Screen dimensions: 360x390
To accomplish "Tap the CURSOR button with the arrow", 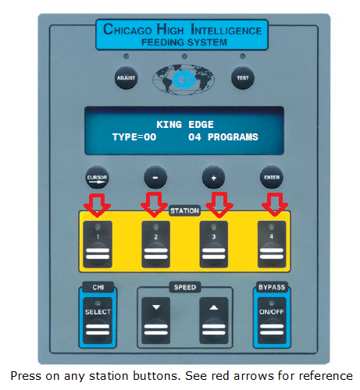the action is [97, 178].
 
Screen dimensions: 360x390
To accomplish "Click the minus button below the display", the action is [155, 178].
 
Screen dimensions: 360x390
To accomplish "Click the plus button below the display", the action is [213, 178].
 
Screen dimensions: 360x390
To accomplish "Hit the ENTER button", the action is [272, 178].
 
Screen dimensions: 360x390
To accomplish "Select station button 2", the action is [155, 244].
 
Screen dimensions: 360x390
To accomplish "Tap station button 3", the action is [214, 244].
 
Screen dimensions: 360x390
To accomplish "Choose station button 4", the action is [272, 244].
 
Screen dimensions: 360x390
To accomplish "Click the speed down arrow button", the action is [155, 321].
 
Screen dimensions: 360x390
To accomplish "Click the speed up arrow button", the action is [214, 321].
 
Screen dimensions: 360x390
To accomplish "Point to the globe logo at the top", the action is [184, 79].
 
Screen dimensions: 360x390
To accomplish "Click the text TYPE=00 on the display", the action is [134, 137].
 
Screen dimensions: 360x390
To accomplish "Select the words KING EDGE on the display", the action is [185, 125].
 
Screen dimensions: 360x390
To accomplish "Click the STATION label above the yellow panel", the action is [184, 211].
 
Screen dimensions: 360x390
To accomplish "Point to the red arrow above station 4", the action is [275, 204].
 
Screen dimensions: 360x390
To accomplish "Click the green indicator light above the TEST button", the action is [243, 56].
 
